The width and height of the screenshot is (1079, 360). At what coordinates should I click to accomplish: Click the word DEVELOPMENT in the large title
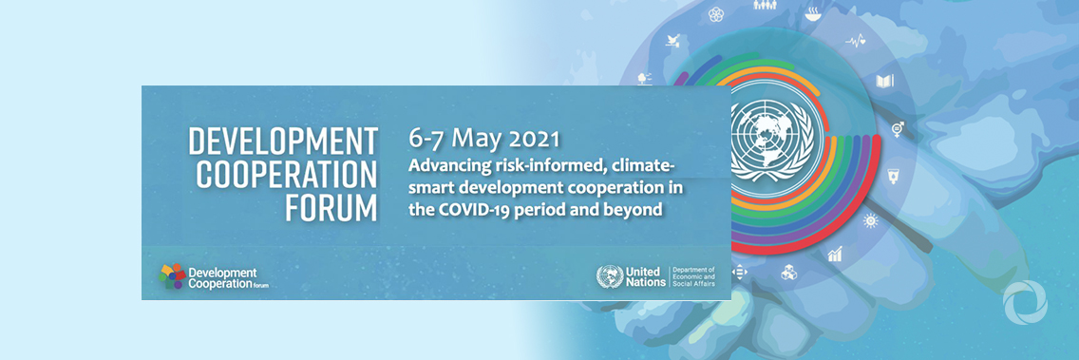pos(282,142)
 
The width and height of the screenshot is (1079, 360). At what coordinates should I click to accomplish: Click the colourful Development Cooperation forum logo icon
pos(172,276)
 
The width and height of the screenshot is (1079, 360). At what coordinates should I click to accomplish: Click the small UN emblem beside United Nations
pos(609,276)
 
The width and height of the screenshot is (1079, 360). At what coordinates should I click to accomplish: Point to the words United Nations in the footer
pos(644,276)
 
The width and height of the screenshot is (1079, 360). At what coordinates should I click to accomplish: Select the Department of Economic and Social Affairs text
pos(693,276)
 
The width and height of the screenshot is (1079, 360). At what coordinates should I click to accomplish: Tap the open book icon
pos(884,82)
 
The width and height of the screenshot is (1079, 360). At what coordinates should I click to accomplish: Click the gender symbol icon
pos(897,128)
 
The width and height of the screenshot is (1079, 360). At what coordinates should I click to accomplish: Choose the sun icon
pos(869,220)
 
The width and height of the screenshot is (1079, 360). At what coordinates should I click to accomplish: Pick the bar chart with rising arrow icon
pos(835,254)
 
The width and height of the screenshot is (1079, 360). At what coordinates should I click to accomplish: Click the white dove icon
pos(674,41)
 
